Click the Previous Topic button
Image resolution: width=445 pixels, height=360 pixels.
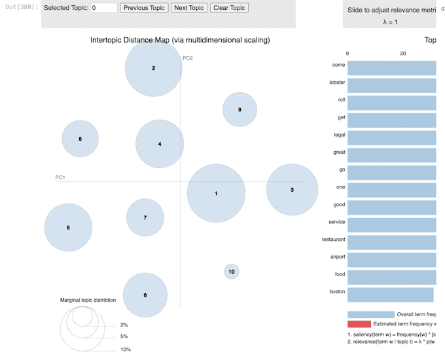click(144, 8)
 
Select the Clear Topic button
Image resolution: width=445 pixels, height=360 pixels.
click(229, 8)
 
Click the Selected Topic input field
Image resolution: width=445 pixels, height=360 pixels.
click(104, 8)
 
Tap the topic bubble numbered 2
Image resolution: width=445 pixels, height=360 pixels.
click(153, 68)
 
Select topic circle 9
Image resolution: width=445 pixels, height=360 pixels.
click(240, 109)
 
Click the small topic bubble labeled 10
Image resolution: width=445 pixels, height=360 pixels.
click(231, 271)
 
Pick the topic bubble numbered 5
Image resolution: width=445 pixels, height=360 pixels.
click(68, 228)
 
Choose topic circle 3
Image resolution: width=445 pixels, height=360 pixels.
click(292, 190)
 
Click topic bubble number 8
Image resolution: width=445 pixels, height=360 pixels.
click(80, 139)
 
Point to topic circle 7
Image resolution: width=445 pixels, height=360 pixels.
click(145, 217)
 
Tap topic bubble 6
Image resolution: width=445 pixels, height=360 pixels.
click(145, 295)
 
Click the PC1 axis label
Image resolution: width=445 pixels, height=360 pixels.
click(61, 177)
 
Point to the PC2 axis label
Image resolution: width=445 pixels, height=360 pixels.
click(188, 58)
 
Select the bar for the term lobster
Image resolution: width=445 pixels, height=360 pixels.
click(391, 85)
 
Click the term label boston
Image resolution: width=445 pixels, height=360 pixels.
click(337, 291)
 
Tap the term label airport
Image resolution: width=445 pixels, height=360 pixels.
click(337, 257)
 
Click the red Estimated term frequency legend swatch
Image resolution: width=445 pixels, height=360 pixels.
click(359, 324)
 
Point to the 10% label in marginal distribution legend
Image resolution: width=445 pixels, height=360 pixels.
click(125, 350)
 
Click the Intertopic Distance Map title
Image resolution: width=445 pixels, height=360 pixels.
click(179, 41)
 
